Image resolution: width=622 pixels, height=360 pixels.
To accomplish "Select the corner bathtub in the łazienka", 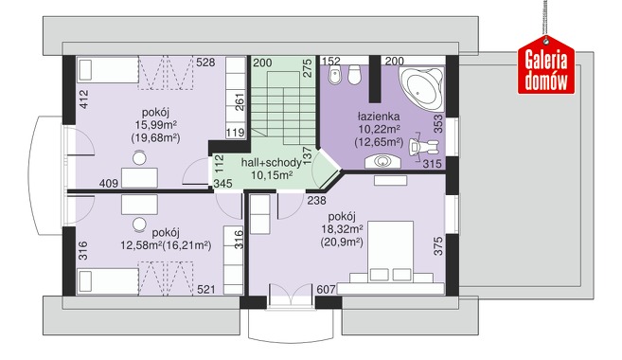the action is pyautogui.click(x=421, y=89).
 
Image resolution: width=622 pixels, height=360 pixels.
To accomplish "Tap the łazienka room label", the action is pyautogui.click(x=379, y=117).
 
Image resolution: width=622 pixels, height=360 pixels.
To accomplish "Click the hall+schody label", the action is pyautogui.click(x=271, y=163).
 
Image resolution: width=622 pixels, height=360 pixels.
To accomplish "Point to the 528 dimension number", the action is pyautogui.click(x=205, y=63).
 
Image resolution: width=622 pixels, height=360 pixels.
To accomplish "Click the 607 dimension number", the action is pyautogui.click(x=326, y=289).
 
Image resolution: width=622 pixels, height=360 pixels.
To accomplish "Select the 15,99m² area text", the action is pyautogui.click(x=156, y=125).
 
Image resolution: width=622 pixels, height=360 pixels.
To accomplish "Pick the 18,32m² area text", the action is pyautogui.click(x=342, y=229).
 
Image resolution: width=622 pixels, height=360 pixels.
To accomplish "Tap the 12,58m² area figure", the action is pyautogui.click(x=141, y=245).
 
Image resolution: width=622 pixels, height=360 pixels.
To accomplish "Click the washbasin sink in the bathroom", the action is pyautogui.click(x=382, y=161).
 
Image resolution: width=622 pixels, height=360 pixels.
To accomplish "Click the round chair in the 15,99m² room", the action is pyautogui.click(x=139, y=158).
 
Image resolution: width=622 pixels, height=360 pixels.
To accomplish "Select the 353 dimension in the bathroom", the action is pyautogui.click(x=438, y=123).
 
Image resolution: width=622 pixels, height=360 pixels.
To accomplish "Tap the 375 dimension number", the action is pyautogui.click(x=438, y=246).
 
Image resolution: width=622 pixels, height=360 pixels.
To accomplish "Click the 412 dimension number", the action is pyautogui.click(x=83, y=99).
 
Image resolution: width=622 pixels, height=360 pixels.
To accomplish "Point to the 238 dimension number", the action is pyautogui.click(x=316, y=201).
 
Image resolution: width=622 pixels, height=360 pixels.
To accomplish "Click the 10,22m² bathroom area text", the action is pyautogui.click(x=379, y=129).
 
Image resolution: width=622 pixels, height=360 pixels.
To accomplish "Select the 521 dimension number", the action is pyautogui.click(x=206, y=289).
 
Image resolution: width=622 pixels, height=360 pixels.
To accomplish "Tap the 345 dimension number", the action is pyautogui.click(x=222, y=184).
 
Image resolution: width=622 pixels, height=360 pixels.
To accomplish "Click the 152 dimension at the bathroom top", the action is pyautogui.click(x=331, y=62).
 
